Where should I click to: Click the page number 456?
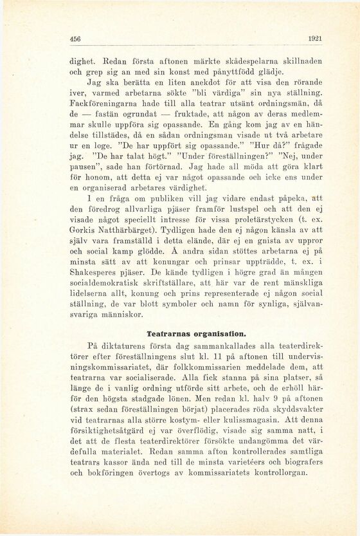click(77, 39)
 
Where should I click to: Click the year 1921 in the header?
click(315, 39)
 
